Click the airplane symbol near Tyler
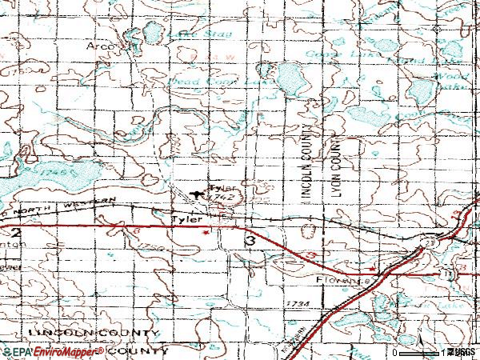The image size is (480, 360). [x=199, y=193]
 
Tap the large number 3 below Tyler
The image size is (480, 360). [x=250, y=240]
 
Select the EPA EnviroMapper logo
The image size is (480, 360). [x=53, y=351]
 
